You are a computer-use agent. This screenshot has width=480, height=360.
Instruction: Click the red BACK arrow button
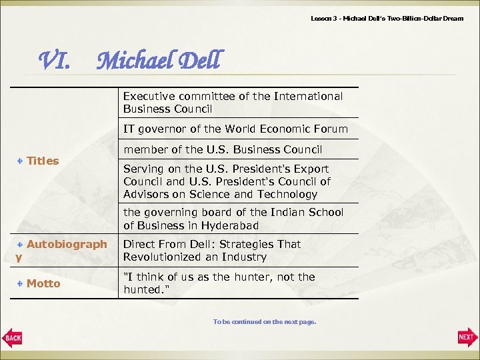click(x=13, y=338)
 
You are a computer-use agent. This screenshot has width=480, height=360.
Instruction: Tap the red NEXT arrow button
click(x=467, y=338)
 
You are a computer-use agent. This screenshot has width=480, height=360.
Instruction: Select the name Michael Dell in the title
click(x=157, y=61)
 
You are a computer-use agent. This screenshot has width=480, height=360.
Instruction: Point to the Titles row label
click(x=43, y=161)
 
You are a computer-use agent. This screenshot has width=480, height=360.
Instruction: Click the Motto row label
click(x=43, y=284)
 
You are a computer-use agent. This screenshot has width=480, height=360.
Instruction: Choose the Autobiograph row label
click(x=66, y=245)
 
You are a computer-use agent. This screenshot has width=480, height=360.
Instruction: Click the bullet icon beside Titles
click(x=21, y=161)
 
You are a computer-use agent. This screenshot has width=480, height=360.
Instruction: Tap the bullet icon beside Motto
click(x=21, y=284)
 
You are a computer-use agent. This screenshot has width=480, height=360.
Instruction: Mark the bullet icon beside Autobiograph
click(x=21, y=245)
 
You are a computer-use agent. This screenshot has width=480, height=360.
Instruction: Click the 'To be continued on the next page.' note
click(x=264, y=322)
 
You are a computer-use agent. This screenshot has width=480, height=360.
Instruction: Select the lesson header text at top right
click(x=387, y=18)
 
